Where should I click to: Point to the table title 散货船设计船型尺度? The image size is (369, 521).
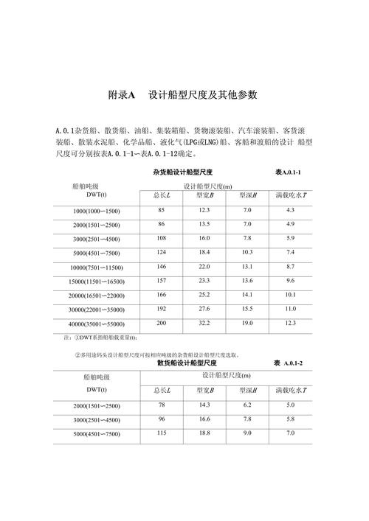point(187,363)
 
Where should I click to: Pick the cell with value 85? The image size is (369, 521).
point(161,211)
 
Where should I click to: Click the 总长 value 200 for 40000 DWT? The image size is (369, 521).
point(161,323)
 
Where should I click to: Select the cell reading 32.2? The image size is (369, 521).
point(204,323)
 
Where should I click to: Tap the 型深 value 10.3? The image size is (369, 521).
point(247,253)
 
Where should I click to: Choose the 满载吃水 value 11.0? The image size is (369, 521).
point(291,308)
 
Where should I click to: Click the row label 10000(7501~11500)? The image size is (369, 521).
point(97,267)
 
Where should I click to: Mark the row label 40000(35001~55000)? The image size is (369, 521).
point(97,324)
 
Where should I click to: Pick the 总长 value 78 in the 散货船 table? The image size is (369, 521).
point(161,405)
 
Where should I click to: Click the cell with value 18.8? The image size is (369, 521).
point(204,433)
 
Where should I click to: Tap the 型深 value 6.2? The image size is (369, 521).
point(247,405)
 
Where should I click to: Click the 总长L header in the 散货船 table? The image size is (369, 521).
point(162,389)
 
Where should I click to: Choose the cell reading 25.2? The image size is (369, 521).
point(204,295)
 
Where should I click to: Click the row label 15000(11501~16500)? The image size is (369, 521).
point(97,282)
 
